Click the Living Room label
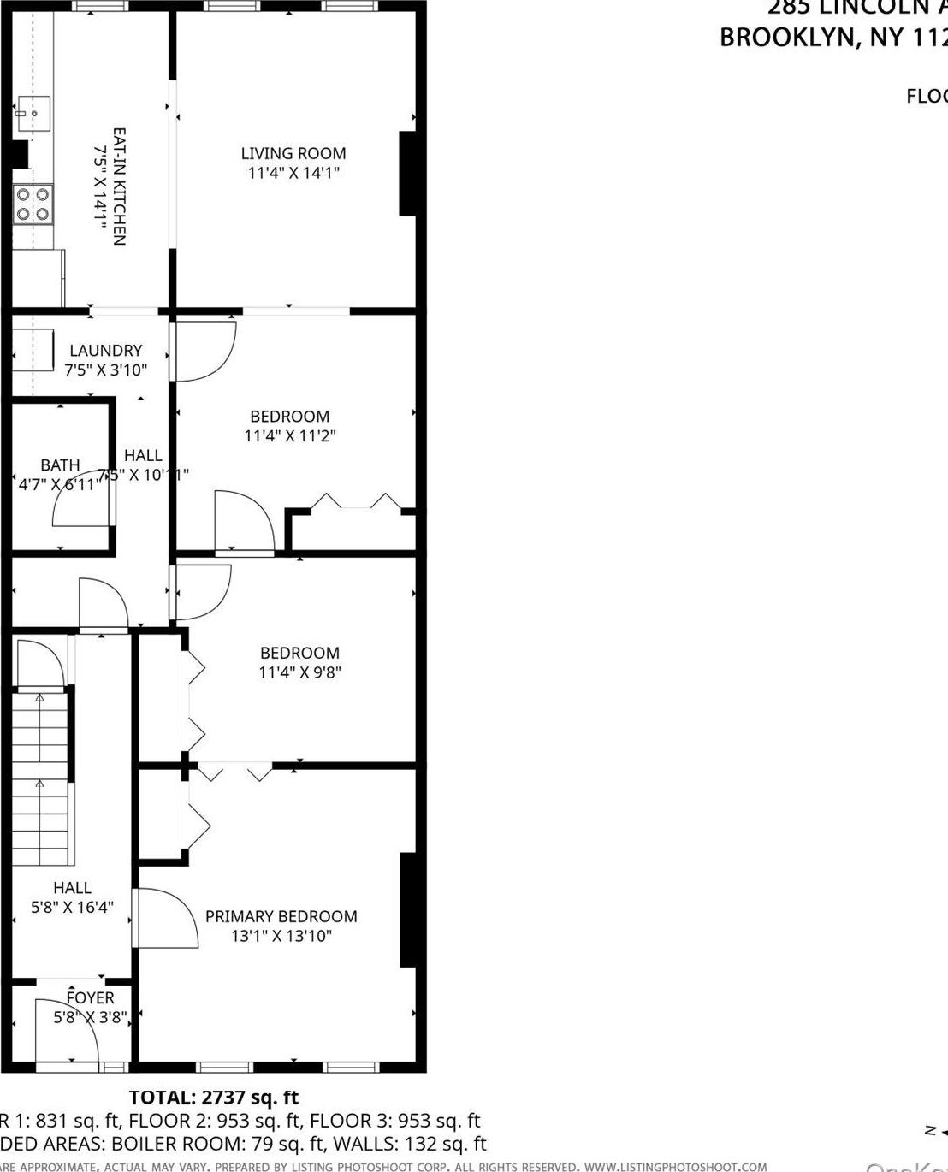tap(293, 154)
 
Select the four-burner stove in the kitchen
tap(33, 205)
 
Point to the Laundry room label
tap(105, 351)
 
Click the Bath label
tap(60, 465)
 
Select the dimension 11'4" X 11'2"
tap(290, 436)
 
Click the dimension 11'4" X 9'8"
tap(299, 672)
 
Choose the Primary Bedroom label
tap(281, 917)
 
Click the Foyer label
tap(90, 998)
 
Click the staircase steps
tap(39, 778)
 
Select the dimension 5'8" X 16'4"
tap(72, 908)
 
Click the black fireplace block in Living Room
tap(408, 174)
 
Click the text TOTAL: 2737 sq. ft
tap(214, 1098)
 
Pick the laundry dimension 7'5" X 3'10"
tap(105, 370)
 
